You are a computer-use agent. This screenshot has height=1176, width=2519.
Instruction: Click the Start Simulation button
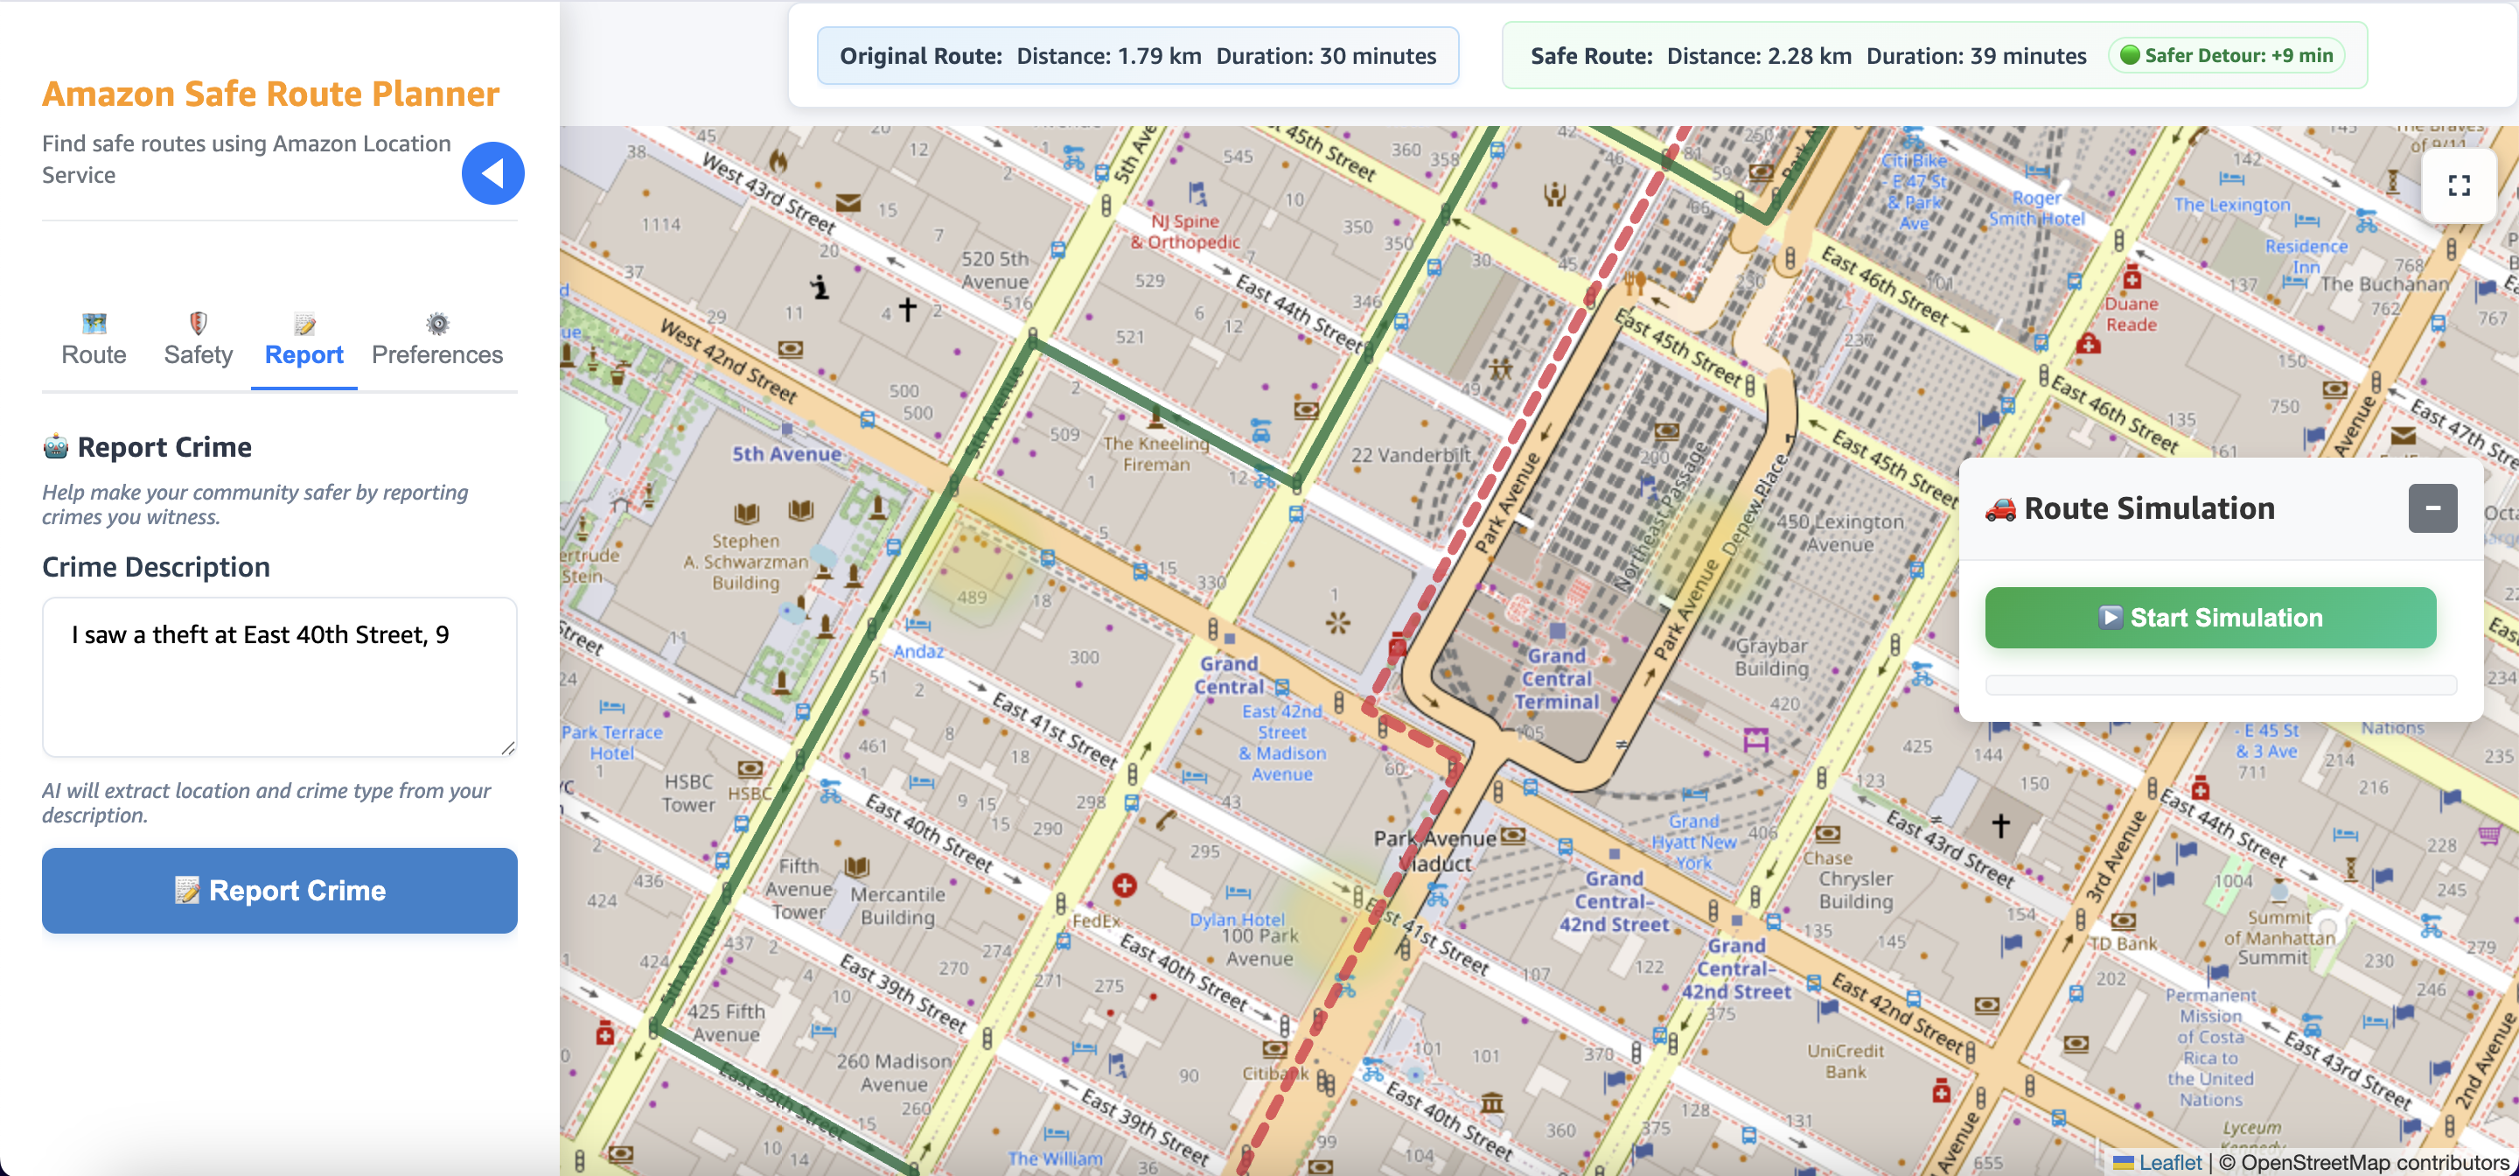click(x=2210, y=618)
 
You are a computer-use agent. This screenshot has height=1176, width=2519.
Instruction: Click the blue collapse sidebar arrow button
click(x=492, y=173)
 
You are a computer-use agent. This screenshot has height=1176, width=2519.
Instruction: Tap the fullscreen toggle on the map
click(x=2459, y=185)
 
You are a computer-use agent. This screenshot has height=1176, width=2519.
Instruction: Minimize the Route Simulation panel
click(x=2432, y=507)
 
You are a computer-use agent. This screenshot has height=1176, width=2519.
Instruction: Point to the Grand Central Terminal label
click(x=1557, y=678)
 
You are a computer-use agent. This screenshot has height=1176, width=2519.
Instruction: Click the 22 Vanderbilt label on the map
click(x=1410, y=455)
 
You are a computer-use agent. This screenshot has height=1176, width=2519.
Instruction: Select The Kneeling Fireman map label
click(x=1155, y=453)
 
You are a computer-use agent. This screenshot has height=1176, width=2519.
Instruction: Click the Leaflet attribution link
click(x=2169, y=1162)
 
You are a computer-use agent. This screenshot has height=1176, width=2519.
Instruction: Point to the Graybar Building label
click(x=1771, y=656)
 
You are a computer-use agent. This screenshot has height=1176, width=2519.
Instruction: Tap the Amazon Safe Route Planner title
click(x=270, y=94)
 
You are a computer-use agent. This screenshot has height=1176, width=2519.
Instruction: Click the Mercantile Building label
click(x=897, y=905)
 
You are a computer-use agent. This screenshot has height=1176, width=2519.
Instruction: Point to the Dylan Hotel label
click(x=1237, y=920)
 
